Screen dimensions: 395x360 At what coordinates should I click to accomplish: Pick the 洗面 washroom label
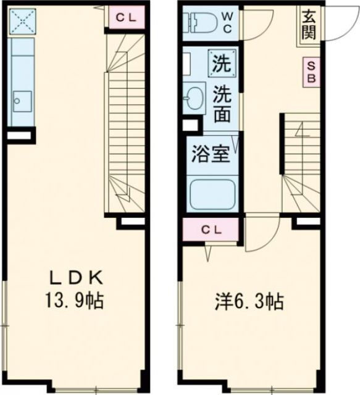click(223, 104)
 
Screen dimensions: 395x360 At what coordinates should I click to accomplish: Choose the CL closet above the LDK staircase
click(124, 17)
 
